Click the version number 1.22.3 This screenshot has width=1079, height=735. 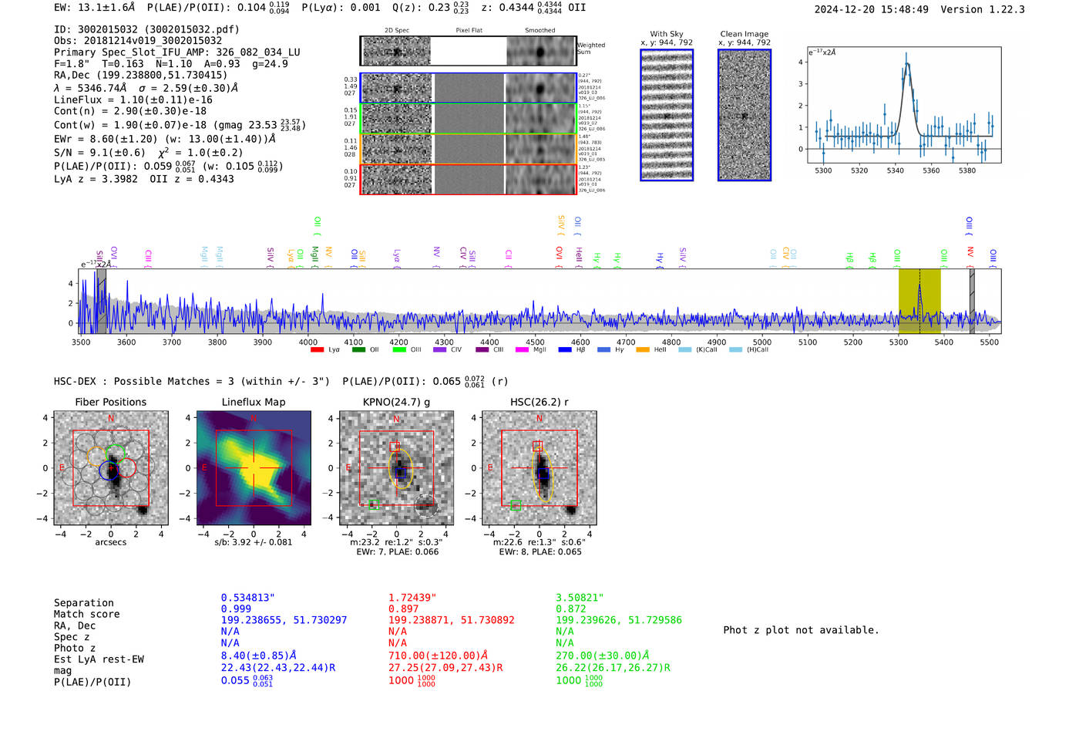pyautogui.click(x=1001, y=9)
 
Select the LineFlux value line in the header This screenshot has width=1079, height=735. pyautogui.click(x=133, y=99)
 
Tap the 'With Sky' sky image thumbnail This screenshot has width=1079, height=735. pyautogui.click(x=667, y=115)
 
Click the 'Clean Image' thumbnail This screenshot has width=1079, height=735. pyautogui.click(x=745, y=115)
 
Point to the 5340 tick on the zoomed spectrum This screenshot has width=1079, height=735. pyautogui.click(x=895, y=170)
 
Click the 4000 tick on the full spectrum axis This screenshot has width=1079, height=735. pyautogui.click(x=308, y=342)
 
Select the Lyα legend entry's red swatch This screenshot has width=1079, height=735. pyautogui.click(x=317, y=350)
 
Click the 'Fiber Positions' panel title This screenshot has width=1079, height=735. pyautogui.click(x=110, y=402)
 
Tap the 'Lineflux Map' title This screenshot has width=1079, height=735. pyautogui.click(x=253, y=402)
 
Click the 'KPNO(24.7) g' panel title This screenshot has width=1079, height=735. pyautogui.click(x=396, y=402)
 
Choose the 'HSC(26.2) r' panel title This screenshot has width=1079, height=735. pyautogui.click(x=539, y=402)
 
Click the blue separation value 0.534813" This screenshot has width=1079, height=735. pyautogui.click(x=248, y=598)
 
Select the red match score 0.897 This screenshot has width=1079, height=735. pyautogui.click(x=404, y=609)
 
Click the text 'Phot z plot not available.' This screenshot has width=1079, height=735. pyautogui.click(x=801, y=630)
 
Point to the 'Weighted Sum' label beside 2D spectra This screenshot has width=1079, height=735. pyautogui.click(x=590, y=49)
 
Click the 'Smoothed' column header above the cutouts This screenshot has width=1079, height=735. pyautogui.click(x=539, y=31)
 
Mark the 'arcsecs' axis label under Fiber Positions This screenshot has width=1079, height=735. pyautogui.click(x=110, y=542)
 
